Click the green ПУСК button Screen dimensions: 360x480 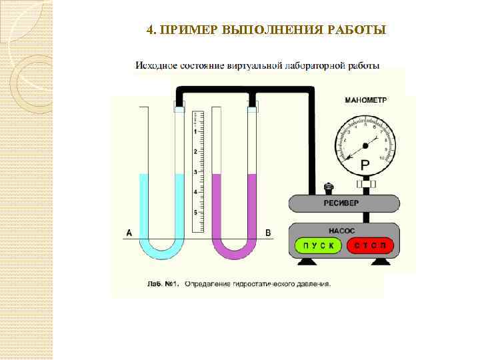317,245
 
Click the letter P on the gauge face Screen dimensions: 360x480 365,165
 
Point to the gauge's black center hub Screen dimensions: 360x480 365,145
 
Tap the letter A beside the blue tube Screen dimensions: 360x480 129,233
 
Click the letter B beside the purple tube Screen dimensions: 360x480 268,233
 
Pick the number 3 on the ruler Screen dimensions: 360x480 195,172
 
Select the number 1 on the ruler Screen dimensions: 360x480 195,132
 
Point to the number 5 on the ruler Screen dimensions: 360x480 195,212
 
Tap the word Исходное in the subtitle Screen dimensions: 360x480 157,66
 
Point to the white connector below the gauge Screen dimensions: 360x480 365,183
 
